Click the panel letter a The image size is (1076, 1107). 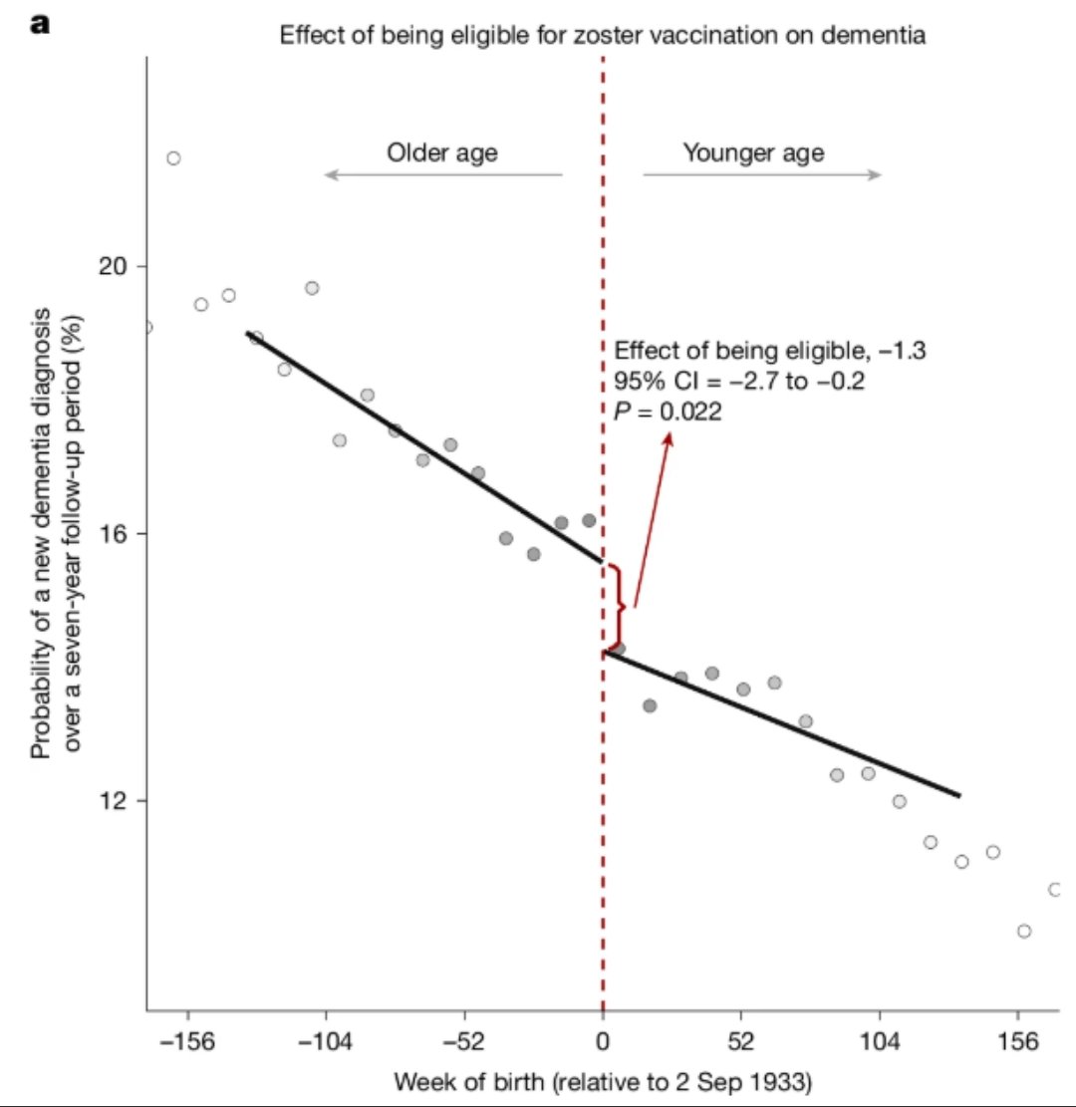41,25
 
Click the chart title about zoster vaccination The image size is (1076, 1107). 603,36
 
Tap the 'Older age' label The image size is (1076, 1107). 441,152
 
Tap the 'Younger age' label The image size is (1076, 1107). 753,152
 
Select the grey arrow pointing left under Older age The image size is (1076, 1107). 443,175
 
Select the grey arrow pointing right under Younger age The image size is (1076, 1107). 762,175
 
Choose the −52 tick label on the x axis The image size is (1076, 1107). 465,1043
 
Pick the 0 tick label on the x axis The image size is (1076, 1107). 603,1043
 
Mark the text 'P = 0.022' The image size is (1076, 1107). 668,410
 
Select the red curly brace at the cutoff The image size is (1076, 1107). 619,606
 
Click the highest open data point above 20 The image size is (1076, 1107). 173,157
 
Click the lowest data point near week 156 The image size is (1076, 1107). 1023,931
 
